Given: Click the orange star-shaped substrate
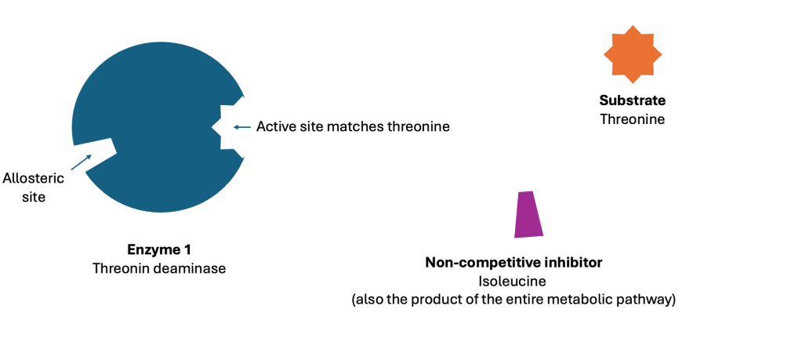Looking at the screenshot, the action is point(633,54).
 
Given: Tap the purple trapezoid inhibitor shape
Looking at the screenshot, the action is point(529,214).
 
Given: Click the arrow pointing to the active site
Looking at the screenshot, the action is point(242,127).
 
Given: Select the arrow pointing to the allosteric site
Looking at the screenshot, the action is point(81,162).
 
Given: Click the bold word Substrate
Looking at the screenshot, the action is point(633,100).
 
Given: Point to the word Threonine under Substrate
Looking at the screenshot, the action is point(633,119).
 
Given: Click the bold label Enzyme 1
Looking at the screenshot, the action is point(159,250).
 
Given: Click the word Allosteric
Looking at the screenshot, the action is point(34,179).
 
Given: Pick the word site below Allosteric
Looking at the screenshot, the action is point(34,197).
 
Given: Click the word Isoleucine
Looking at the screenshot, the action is point(513,282).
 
